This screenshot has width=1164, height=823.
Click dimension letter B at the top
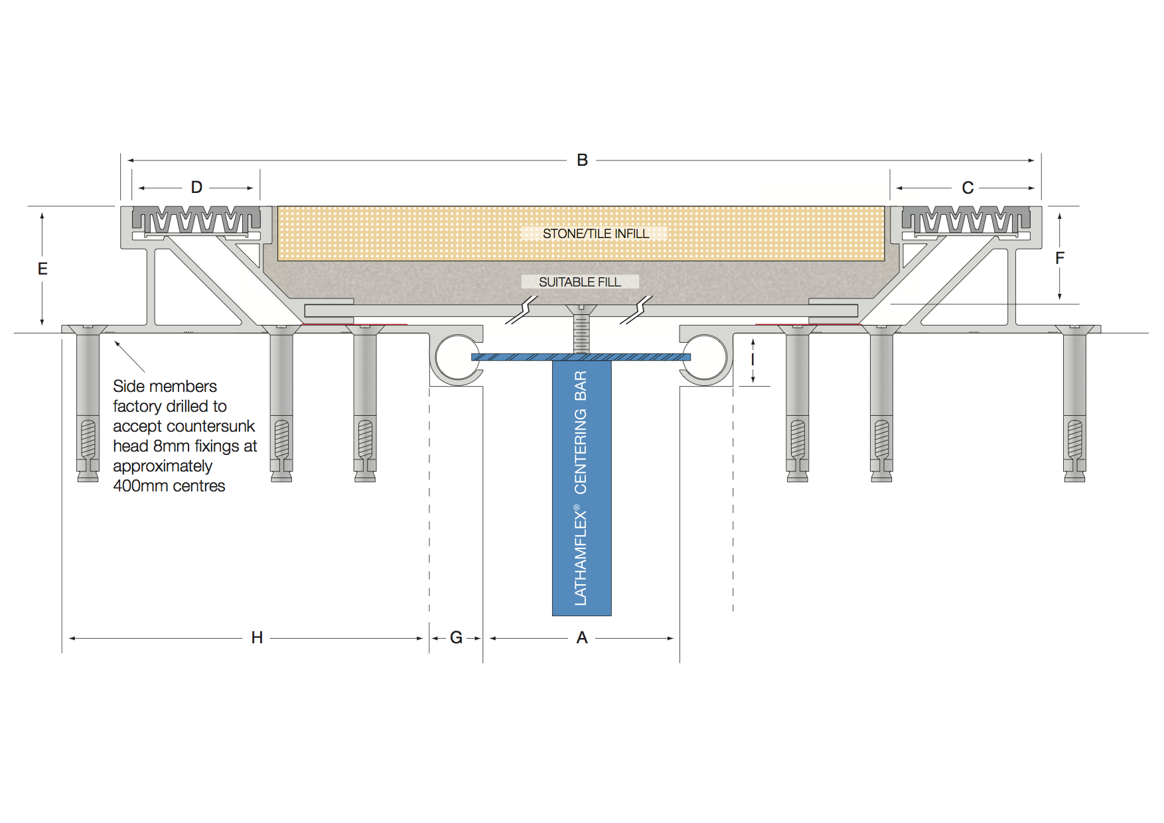pyautogui.click(x=582, y=160)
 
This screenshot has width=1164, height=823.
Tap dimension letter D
pyautogui.click(x=196, y=187)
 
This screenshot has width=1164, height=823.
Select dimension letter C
pyautogui.click(x=968, y=188)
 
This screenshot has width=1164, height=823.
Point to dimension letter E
pyautogui.click(x=42, y=269)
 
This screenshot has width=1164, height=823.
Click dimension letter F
pyautogui.click(x=1060, y=258)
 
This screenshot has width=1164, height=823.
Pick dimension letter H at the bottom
pyautogui.click(x=257, y=637)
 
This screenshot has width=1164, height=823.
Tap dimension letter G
pyautogui.click(x=456, y=637)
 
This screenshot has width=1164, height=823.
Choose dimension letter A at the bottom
pyautogui.click(x=582, y=637)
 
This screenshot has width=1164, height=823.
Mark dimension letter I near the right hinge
pyautogui.click(x=753, y=359)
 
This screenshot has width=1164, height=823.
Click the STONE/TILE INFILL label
pyautogui.click(x=595, y=233)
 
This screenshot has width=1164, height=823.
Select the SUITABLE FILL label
pyautogui.click(x=579, y=282)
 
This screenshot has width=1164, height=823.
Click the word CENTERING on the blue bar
pyautogui.click(x=581, y=451)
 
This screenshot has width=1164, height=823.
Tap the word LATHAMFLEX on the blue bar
pyautogui.click(x=581, y=557)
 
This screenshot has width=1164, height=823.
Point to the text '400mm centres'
pyautogui.click(x=169, y=485)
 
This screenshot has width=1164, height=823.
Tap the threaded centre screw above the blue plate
pyautogui.click(x=581, y=332)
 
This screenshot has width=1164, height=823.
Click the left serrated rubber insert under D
pyautogui.click(x=196, y=219)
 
